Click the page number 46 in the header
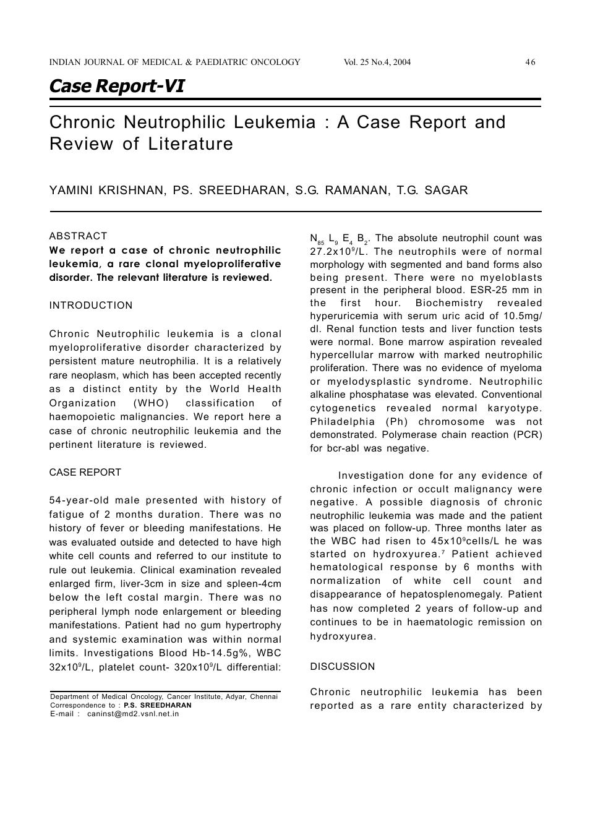530,62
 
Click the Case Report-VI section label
116,86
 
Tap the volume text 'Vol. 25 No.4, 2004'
377,62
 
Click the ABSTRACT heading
78,236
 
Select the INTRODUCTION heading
91,306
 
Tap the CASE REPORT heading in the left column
85,473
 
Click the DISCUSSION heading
342,667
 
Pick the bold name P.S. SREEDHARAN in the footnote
158,705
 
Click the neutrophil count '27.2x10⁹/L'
339,252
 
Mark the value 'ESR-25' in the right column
490,290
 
